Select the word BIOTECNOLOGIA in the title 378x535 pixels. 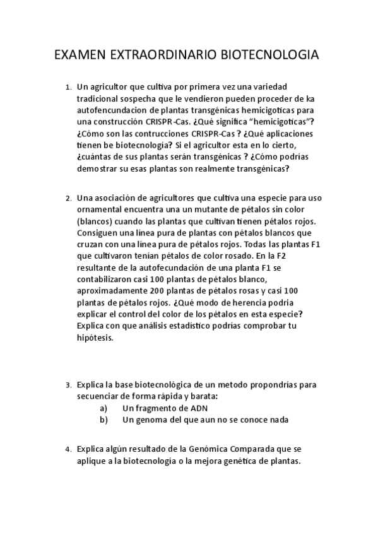[269, 56]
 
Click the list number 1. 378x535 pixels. [68, 87]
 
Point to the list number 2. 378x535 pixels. [68, 199]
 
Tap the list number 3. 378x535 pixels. [68, 384]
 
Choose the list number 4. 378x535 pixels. [68, 449]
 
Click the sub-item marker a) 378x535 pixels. [103, 408]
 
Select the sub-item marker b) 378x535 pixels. [103, 420]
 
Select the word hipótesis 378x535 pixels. [95, 338]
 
